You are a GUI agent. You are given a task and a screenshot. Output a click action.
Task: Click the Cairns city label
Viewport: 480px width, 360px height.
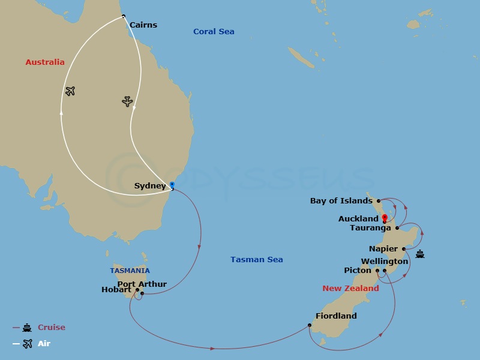tap(143, 25)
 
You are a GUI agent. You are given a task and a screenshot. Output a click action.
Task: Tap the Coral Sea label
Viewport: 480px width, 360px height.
tap(214, 32)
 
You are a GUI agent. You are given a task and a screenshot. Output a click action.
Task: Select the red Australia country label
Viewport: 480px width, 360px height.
tap(45, 62)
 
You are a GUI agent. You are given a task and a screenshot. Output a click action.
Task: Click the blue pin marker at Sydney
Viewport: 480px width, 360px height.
tap(172, 185)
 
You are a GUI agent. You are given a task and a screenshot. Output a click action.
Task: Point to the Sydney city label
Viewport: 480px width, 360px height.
tap(149, 186)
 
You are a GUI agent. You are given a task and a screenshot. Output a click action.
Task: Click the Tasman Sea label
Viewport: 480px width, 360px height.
tap(256, 260)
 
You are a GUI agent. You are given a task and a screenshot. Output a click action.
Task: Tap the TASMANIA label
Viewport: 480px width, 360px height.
tap(130, 271)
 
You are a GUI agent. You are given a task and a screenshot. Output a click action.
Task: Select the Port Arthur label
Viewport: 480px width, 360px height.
tap(142, 284)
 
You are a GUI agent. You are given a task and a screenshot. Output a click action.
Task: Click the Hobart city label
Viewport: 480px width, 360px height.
tap(116, 290)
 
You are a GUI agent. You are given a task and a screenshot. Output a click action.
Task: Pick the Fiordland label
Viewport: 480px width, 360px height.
tap(336, 316)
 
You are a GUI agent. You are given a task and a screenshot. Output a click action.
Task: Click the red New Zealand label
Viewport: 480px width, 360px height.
tap(350, 289)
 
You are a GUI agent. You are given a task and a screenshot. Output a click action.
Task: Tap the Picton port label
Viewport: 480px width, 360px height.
tap(358, 271)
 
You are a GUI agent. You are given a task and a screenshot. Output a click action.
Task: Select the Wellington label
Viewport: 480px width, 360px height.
tap(385, 262)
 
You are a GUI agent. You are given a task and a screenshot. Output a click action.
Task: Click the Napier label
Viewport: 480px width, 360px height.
tap(383, 249)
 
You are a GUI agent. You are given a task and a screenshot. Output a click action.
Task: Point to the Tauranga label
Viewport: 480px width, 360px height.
tap(370, 228)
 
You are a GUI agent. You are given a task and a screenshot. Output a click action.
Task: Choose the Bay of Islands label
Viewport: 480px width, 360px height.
tap(341, 201)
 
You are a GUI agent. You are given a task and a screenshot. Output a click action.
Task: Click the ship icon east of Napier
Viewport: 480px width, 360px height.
tap(420, 254)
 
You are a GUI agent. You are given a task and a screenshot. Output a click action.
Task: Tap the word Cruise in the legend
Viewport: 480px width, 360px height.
tap(52, 328)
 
